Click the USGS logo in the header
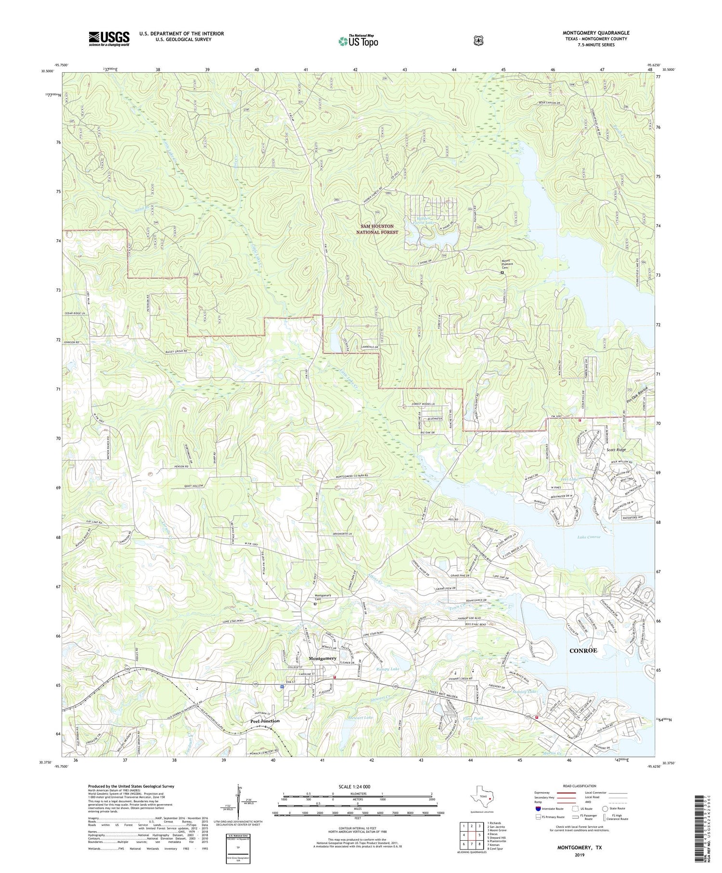coord(109,39)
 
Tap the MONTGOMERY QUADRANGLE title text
coord(596,33)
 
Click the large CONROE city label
coord(583,651)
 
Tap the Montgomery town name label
coord(322,659)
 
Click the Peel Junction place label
coord(265,721)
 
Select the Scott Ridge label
coord(616,449)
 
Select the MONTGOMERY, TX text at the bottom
coord(579,847)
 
